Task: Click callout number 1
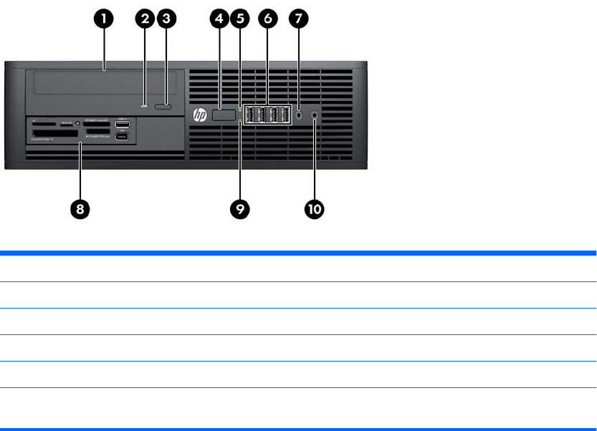(105, 19)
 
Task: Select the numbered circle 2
(145, 19)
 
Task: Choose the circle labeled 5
(240, 19)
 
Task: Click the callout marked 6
(267, 19)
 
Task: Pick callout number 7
(298, 19)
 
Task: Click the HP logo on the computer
(199, 115)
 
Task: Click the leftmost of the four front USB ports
(251, 114)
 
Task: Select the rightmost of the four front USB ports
(285, 114)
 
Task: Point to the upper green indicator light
(240, 110)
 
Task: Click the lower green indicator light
(240, 122)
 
